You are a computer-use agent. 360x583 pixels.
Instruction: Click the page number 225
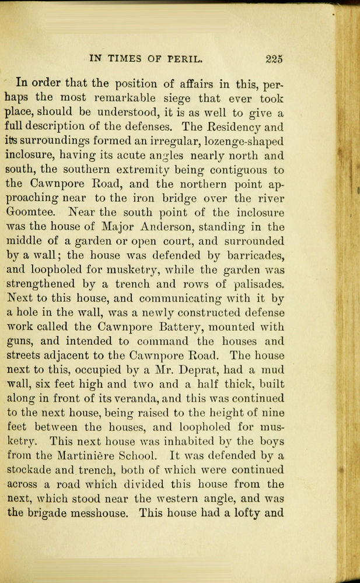coord(273,58)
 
